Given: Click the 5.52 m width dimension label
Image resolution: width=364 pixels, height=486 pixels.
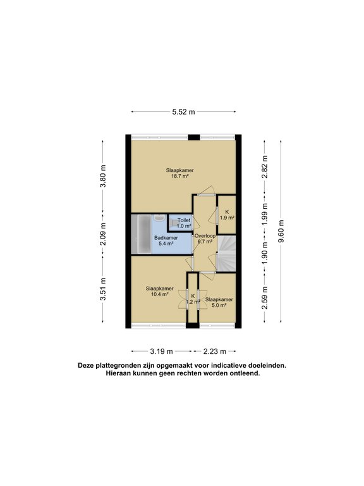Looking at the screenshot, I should click(x=183, y=112).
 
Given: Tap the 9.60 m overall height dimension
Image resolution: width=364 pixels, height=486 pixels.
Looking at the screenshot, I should click(x=282, y=231).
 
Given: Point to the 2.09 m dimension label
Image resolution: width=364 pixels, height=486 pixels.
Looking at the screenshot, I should click(x=103, y=234).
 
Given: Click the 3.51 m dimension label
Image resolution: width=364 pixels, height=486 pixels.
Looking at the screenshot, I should click(x=103, y=290).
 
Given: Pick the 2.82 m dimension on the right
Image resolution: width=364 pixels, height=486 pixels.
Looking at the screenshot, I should click(x=265, y=167).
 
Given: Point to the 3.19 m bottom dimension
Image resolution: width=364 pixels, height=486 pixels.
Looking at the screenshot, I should click(x=161, y=350).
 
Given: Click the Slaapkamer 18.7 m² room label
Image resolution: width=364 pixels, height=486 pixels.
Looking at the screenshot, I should click(x=180, y=173).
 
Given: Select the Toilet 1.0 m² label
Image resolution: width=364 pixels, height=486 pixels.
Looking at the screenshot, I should click(x=183, y=223).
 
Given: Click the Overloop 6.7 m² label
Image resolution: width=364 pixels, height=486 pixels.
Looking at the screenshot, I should click(x=205, y=239).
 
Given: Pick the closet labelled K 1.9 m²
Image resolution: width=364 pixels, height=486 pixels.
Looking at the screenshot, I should click(x=227, y=215).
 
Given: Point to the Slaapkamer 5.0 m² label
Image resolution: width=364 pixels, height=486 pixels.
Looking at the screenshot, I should click(x=219, y=302).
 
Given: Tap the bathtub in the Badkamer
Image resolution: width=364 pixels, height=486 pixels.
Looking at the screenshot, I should click(x=141, y=234).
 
